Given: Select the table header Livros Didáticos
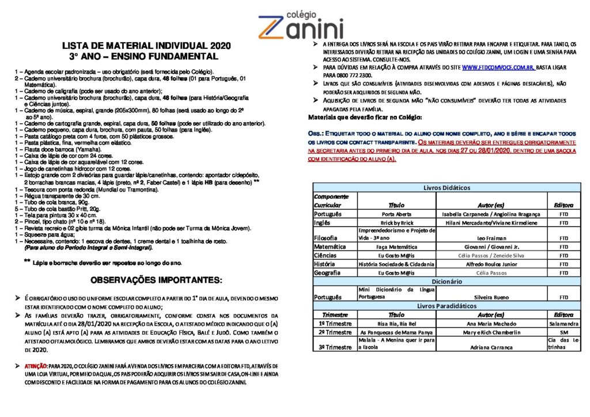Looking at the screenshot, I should pos(447,188).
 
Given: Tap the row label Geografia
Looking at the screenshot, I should pos(327,272).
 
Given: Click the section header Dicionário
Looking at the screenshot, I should pos(447,281).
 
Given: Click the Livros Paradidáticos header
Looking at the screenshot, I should pos(447,306).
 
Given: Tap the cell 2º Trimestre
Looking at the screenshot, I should pos(335,332).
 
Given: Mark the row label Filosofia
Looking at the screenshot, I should pos(326,237).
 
